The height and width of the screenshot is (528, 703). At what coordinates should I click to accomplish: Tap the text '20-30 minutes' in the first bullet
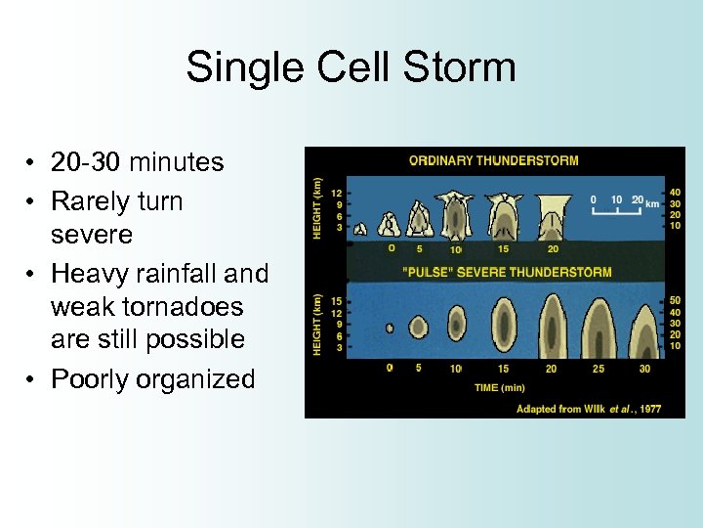(137, 161)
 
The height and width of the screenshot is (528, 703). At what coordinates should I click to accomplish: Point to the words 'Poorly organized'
(152, 378)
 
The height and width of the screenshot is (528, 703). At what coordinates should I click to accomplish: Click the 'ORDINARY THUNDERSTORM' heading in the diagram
(493, 160)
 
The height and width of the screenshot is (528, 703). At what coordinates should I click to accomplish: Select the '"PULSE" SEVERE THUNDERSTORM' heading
(507, 272)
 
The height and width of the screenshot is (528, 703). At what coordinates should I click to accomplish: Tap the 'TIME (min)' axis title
(499, 387)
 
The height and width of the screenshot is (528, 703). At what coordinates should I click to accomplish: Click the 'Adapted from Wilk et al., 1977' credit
(588, 408)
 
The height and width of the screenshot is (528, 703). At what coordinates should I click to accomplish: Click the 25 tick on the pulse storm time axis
(598, 369)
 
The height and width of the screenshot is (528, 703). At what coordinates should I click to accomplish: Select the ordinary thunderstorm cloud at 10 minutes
(455, 216)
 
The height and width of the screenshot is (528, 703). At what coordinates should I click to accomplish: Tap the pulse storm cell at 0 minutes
(390, 329)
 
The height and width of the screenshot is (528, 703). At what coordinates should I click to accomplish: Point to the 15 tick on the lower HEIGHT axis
(336, 300)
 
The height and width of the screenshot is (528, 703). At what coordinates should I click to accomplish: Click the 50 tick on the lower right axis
(674, 300)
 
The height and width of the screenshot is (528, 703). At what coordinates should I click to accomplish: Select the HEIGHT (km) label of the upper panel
(317, 205)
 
